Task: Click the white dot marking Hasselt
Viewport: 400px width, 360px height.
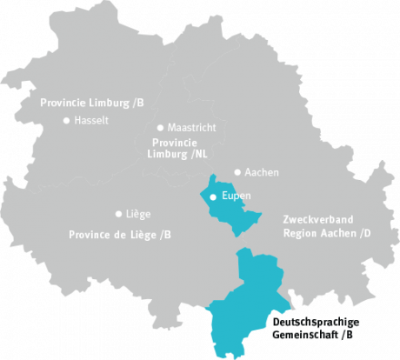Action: click(x=66, y=121)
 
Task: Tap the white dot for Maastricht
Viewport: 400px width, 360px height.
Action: click(x=160, y=127)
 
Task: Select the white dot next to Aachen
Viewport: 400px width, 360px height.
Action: click(x=237, y=172)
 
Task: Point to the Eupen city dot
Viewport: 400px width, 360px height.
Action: click(x=213, y=197)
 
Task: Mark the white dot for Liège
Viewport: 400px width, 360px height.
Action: click(x=118, y=213)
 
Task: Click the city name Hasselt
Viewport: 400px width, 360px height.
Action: click(x=91, y=121)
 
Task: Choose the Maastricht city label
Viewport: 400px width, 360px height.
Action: click(x=191, y=128)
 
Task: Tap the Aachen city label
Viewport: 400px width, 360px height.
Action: click(x=262, y=172)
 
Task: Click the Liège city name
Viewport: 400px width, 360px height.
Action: click(x=138, y=213)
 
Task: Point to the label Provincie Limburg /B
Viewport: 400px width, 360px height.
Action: click(x=91, y=103)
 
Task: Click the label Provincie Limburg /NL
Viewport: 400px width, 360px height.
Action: click(x=179, y=148)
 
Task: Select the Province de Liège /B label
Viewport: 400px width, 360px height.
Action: click(x=120, y=235)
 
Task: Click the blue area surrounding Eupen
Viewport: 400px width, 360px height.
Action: click(x=228, y=214)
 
